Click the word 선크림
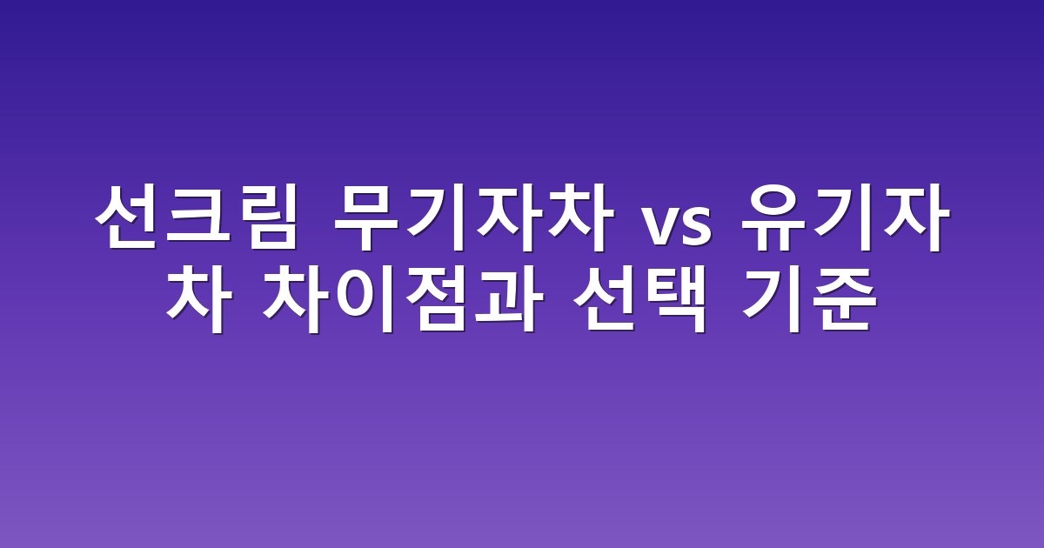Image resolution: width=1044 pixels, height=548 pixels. (196, 217)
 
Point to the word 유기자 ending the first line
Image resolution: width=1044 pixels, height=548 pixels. (846, 217)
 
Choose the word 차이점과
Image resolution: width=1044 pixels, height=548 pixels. (402, 299)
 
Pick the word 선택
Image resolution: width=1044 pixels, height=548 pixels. (640, 299)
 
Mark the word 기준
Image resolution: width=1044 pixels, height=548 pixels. (810, 299)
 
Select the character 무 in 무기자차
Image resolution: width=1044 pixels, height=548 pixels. (366, 217)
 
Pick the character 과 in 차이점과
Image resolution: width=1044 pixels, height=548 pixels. (509, 299)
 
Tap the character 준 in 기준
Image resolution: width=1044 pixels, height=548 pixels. (845, 299)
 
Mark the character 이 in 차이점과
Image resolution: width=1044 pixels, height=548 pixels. (365, 299)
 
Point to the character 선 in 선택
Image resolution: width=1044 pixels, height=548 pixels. (605, 299)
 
